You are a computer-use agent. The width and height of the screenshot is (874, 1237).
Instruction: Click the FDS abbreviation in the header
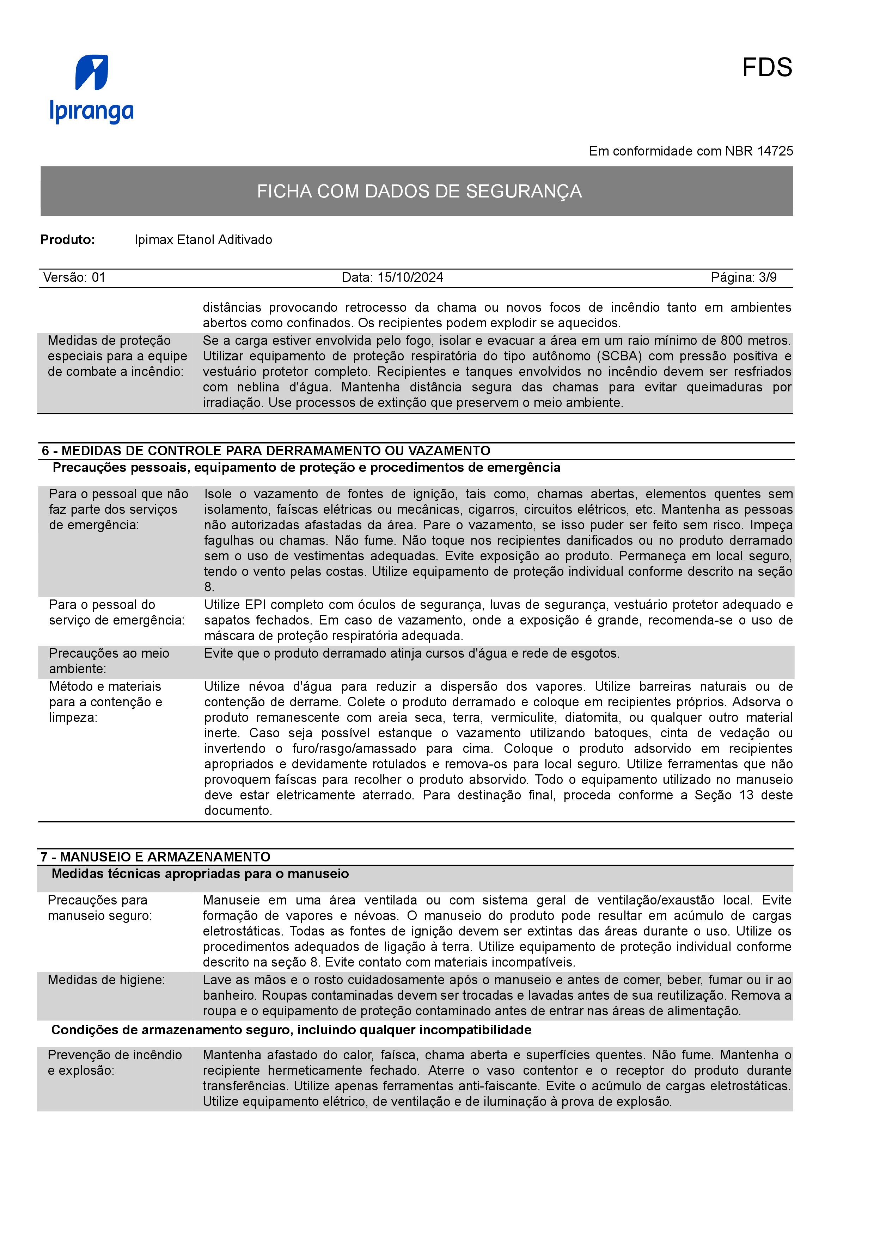coord(767,68)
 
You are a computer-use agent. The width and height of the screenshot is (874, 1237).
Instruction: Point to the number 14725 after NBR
coord(775,151)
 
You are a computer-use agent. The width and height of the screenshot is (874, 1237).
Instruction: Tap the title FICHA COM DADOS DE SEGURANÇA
coord(419,191)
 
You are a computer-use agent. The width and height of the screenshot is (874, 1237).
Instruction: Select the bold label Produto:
coord(68,240)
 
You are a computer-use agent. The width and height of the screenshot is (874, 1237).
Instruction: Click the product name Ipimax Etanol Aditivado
coord(203,240)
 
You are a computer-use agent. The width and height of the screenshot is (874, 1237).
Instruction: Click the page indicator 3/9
coord(768,278)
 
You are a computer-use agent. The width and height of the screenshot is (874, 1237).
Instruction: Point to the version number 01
coord(98,278)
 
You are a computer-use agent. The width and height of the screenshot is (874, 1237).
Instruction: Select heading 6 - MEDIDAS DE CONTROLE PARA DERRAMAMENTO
coord(266,451)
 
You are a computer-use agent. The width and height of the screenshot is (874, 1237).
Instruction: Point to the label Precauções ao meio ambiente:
coord(109,661)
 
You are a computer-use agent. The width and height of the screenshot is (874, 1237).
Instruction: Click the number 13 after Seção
coord(746,795)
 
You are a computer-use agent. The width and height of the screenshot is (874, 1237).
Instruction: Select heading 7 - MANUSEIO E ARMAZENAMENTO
coord(155,857)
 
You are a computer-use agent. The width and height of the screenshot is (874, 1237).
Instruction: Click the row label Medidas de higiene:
coord(106,980)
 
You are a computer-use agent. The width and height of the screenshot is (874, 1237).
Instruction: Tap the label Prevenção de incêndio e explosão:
coord(114,1062)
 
